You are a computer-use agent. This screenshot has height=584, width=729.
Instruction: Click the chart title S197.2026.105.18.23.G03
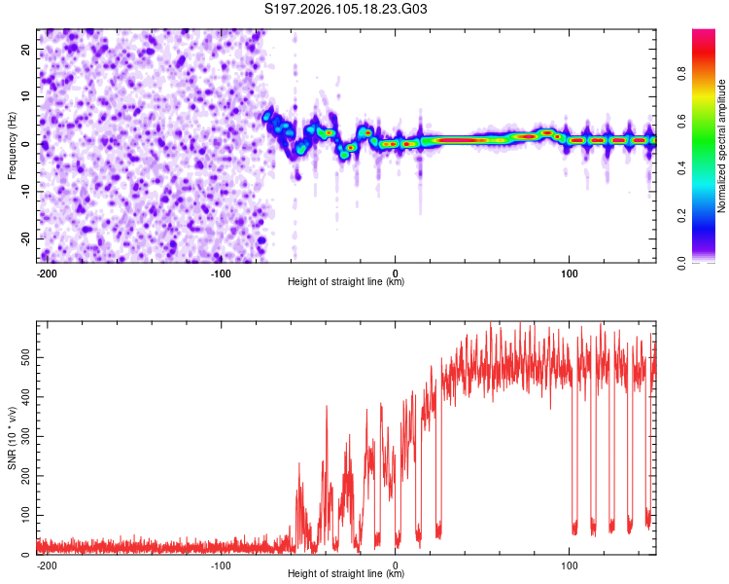point(347,10)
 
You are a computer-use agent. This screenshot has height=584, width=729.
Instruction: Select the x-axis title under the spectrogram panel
point(346,282)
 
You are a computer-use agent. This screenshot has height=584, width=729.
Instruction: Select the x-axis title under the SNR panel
point(346,574)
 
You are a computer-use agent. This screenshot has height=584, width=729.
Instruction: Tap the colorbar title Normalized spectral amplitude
point(722,146)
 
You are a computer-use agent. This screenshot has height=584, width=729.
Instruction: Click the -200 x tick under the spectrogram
point(47,273)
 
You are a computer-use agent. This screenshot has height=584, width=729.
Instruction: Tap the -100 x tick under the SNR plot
point(221,565)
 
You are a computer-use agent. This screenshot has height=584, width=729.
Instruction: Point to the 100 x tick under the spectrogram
point(569,273)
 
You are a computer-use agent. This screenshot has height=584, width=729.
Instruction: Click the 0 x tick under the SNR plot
point(395,565)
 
